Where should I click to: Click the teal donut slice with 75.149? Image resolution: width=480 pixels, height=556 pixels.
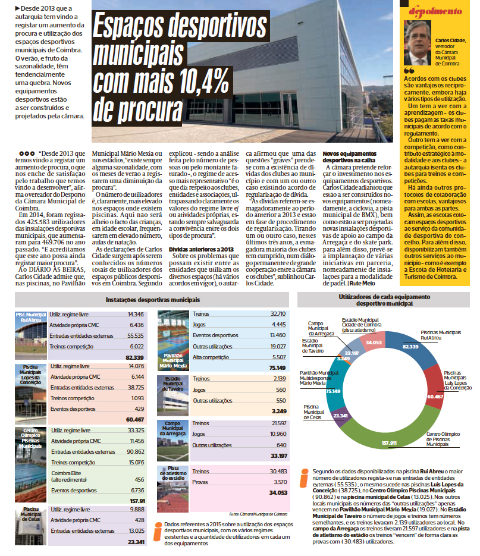[x=335, y=381]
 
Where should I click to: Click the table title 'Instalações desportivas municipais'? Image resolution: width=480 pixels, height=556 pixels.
[x=152, y=301]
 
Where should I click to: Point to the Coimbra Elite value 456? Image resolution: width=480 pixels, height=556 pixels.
[x=138, y=479]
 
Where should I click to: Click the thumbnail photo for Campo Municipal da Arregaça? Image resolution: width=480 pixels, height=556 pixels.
[x=173, y=439]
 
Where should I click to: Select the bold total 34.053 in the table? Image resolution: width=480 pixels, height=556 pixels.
[x=277, y=492]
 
